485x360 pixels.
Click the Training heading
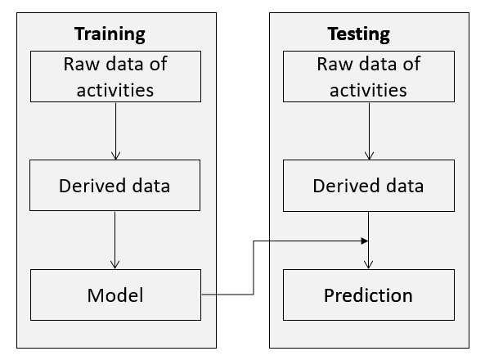110,34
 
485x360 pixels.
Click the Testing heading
359,34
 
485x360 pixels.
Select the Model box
115,295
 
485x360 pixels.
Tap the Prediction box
369,295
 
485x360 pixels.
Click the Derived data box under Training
115,186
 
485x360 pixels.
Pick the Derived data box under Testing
369,186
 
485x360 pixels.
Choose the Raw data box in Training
115,76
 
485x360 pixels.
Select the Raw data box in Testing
369,76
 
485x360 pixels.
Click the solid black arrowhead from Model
365,241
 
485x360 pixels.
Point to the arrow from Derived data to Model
115,240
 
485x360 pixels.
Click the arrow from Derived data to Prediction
368,241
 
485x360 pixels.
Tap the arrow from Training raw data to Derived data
115,131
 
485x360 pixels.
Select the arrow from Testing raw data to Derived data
369,131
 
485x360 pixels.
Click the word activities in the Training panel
115,90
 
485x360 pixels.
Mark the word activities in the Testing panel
368,90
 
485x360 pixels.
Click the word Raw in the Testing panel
335,64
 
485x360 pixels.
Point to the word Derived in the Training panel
92,186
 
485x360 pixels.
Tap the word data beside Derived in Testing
405,186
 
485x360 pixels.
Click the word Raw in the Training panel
82,64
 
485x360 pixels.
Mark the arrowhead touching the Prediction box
368,265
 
